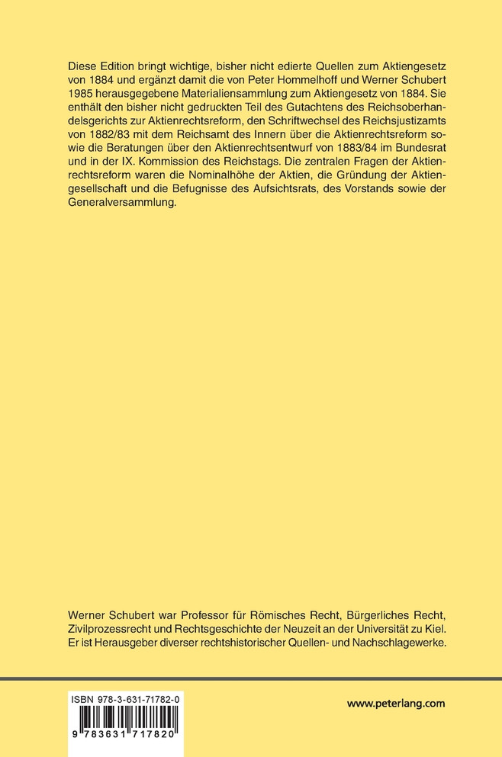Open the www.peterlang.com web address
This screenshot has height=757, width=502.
(x=395, y=704)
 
